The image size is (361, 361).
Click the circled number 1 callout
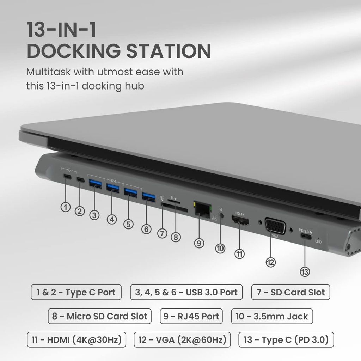tap(66, 207)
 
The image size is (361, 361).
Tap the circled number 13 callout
tap(305, 272)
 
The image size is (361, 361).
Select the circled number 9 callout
tap(199, 243)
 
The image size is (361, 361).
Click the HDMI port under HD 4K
tap(240, 222)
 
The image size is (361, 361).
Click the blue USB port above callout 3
tap(95, 183)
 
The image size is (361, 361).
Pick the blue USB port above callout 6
tap(148, 197)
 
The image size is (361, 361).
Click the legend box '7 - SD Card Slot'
tap(290, 292)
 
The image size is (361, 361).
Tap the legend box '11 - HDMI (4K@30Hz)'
tap(76, 340)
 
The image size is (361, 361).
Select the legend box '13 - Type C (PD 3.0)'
tap(286, 340)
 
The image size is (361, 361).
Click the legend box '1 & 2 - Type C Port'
tap(76, 292)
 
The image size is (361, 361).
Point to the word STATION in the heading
tap(169, 51)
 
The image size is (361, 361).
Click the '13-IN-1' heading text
tap(61, 30)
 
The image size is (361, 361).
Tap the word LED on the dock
tap(318, 242)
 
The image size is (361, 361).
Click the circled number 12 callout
tap(271, 262)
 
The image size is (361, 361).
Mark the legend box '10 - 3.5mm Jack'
tap(271, 316)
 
